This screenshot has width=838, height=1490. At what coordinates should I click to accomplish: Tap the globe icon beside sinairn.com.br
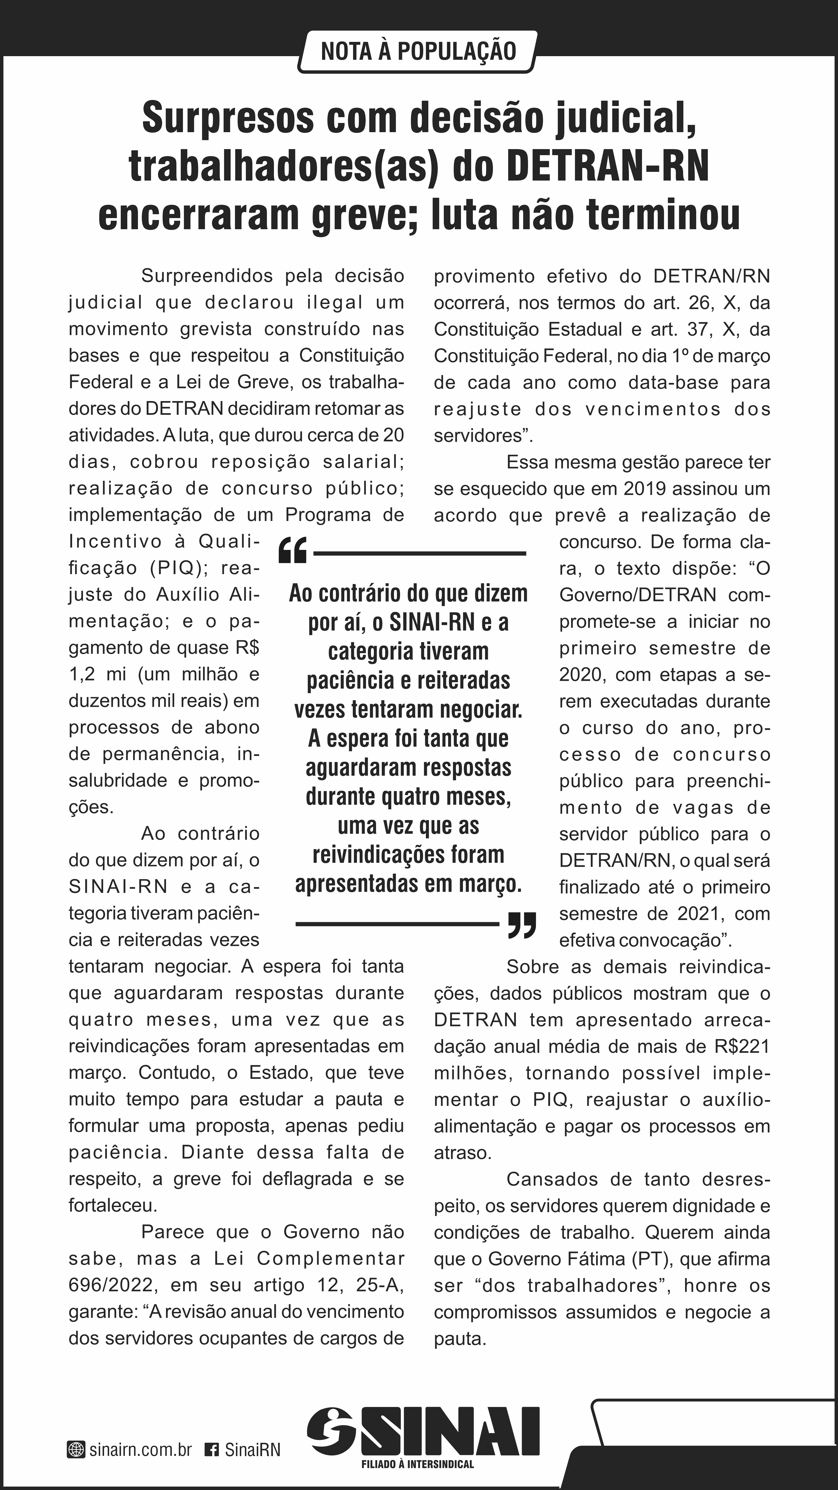tap(76, 1450)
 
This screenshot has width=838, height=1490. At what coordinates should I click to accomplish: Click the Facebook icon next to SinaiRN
tap(212, 1450)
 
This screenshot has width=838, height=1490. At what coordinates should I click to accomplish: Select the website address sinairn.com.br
tap(141, 1450)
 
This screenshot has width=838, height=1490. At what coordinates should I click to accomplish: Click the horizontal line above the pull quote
tap(419, 554)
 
